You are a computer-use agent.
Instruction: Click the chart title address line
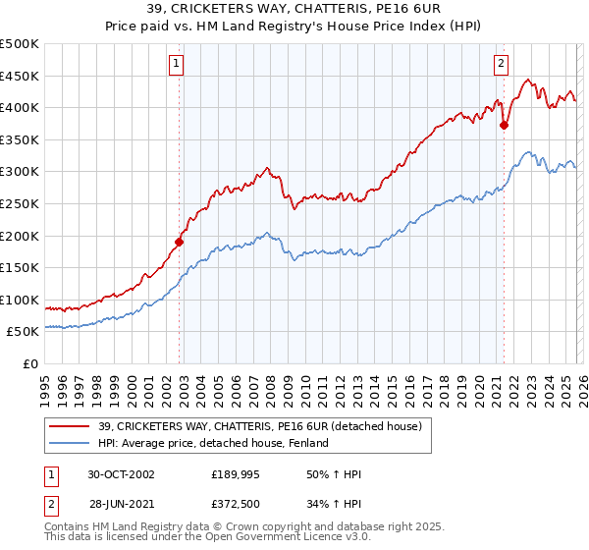tap(294, 9)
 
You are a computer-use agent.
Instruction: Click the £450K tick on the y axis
tap(20, 76)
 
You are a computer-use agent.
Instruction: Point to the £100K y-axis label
tap(20, 300)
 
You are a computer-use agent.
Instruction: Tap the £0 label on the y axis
tap(31, 363)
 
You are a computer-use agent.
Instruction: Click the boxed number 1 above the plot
tap(176, 64)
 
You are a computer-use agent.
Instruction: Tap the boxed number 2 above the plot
tap(501, 64)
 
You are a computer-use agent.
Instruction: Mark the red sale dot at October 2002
tap(180, 242)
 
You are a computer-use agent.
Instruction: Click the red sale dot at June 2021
tap(504, 125)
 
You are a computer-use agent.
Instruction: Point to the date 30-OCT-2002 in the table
tap(121, 474)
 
